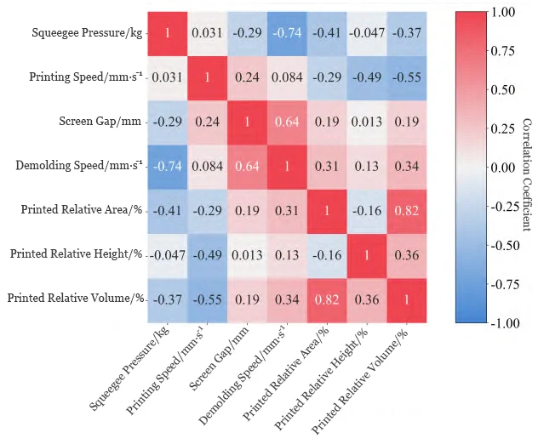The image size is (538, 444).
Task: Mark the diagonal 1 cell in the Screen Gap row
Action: (x=248, y=121)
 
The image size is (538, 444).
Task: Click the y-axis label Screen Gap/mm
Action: (x=97, y=121)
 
